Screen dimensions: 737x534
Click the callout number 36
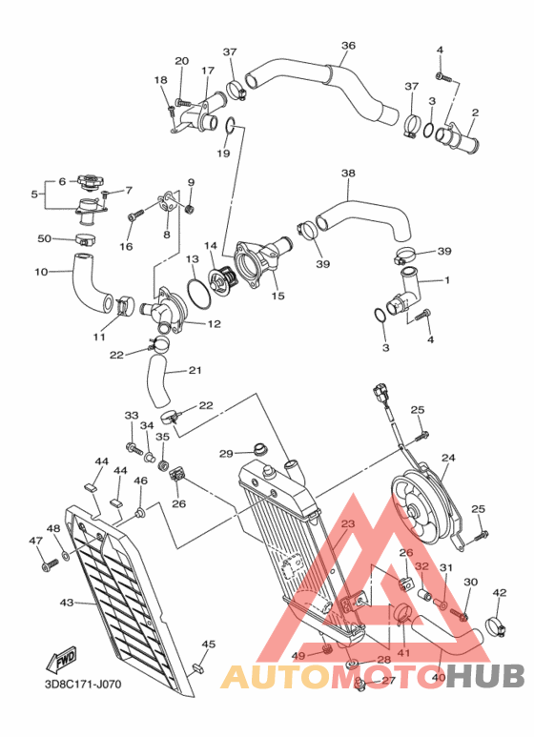348,45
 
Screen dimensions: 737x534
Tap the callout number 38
348,174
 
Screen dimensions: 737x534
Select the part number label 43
66,603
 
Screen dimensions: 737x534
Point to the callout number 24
448,458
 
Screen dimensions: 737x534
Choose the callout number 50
44,238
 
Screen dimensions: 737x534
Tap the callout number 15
277,297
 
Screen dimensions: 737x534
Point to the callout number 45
209,645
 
